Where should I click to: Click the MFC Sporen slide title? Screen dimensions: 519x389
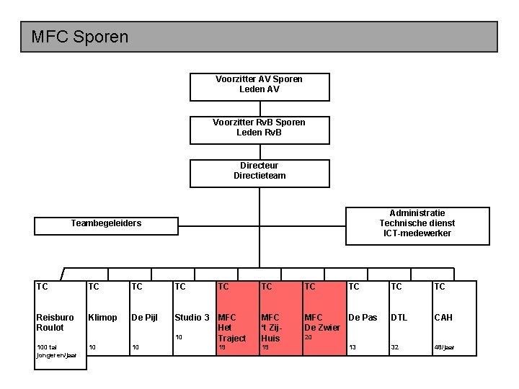click(x=80, y=36)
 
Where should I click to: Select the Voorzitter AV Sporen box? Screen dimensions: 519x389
click(x=259, y=85)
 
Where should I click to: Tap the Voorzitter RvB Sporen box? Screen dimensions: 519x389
click(x=259, y=128)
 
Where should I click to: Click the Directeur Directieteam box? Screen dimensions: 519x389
click(x=259, y=171)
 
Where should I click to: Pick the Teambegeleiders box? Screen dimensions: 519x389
click(x=106, y=223)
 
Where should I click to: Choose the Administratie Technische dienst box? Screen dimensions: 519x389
click(x=417, y=223)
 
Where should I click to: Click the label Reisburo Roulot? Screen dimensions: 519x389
click(x=55, y=322)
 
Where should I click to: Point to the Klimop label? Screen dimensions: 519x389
click(x=102, y=318)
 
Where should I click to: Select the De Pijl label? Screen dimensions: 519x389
click(x=145, y=318)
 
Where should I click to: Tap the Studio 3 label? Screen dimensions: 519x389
click(x=192, y=318)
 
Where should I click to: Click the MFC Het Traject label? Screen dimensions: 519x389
click(x=231, y=327)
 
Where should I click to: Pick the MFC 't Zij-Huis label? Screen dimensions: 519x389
click(x=272, y=327)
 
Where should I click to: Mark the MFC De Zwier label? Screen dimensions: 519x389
click(x=321, y=322)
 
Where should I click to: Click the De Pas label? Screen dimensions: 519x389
click(x=363, y=318)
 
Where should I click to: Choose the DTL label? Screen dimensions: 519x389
click(x=399, y=318)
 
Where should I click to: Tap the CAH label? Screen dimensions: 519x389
click(x=443, y=318)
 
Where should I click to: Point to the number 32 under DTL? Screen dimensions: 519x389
click(x=394, y=348)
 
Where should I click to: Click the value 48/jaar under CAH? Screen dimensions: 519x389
click(x=444, y=348)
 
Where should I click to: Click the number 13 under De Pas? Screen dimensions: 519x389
click(x=352, y=348)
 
